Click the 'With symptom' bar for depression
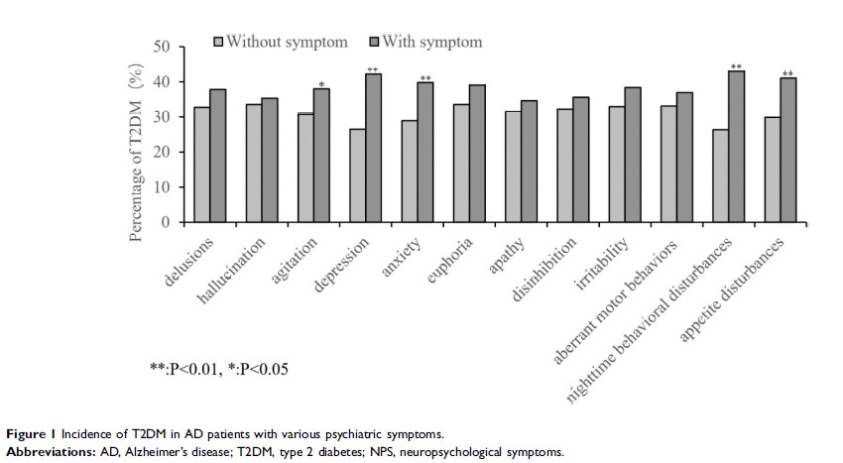click(x=374, y=148)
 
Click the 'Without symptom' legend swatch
click(x=220, y=42)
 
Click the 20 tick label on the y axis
click(x=163, y=152)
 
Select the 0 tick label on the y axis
click(x=167, y=221)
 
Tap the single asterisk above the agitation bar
click(x=321, y=83)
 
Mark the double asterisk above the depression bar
click(x=373, y=69)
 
